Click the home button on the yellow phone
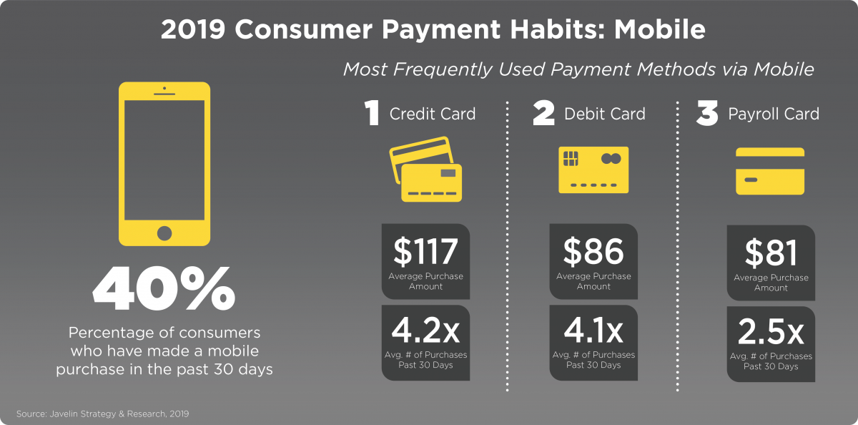tap(164, 233)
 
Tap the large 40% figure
tap(164, 288)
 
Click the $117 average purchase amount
tap(425, 251)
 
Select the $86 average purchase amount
tap(593, 251)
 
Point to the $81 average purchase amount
tap(771, 253)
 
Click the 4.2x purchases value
tap(425, 331)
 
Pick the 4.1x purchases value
tap(593, 331)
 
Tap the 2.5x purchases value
tap(771, 332)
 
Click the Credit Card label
tap(433, 114)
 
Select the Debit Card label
tap(605, 114)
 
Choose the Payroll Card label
tap(774, 114)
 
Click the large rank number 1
tap(372, 112)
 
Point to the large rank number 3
tap(707, 112)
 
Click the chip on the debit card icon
tap(571, 158)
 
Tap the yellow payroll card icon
tap(770, 171)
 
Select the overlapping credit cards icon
tap(425, 169)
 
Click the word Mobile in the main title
tap(660, 29)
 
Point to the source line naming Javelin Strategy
tap(103, 414)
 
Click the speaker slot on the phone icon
tap(164, 94)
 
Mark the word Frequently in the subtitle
tap(443, 69)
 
